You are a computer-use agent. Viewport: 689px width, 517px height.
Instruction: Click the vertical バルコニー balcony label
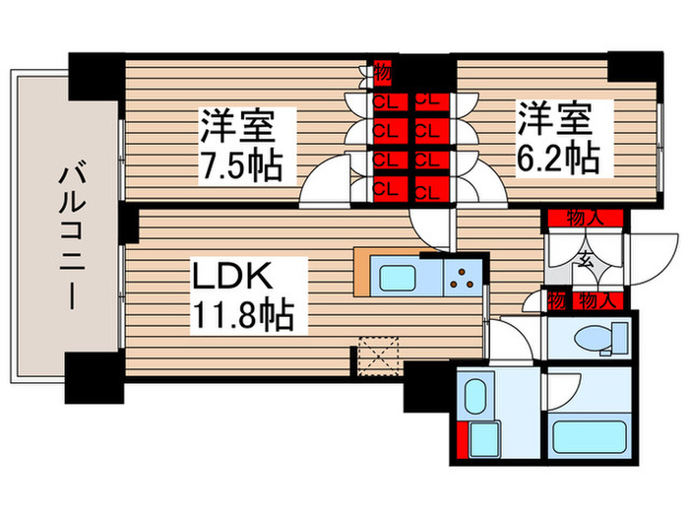(x=67, y=236)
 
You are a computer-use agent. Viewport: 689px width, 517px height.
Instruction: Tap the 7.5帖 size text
(x=242, y=163)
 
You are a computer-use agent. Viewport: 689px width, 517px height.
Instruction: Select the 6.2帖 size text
(x=554, y=156)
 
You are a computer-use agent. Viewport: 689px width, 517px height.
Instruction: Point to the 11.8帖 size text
(x=242, y=315)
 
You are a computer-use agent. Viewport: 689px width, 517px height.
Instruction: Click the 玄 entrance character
(x=585, y=260)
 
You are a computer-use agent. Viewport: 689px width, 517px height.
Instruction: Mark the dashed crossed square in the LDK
(x=376, y=354)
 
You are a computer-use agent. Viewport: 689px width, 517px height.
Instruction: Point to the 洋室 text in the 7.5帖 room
(x=236, y=126)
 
